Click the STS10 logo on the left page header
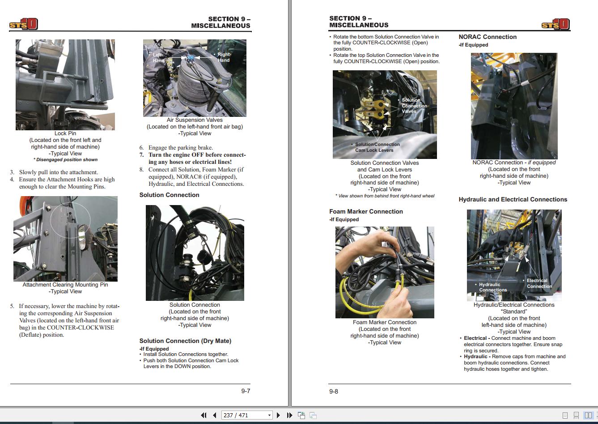click(x=23, y=24)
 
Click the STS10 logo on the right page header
click(x=555, y=24)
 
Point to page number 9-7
click(x=246, y=391)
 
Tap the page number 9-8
click(x=334, y=391)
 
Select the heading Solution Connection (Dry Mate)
click(x=185, y=341)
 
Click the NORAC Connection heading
click(x=488, y=37)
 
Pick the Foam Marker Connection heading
click(x=366, y=211)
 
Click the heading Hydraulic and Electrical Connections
click(x=513, y=199)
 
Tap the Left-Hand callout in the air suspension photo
click(x=159, y=58)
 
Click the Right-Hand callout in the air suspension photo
click(x=223, y=57)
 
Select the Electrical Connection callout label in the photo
click(x=539, y=283)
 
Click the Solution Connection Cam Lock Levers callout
click(x=377, y=147)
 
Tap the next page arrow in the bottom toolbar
click(x=278, y=415)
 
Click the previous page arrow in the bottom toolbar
click(x=215, y=415)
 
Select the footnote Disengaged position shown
click(x=66, y=160)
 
